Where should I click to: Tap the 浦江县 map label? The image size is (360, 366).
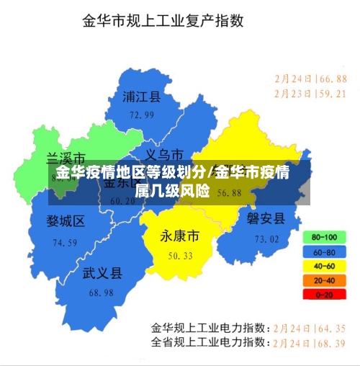click(x=142, y=97)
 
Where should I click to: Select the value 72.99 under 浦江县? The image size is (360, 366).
click(x=142, y=115)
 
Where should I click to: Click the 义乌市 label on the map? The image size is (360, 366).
click(x=164, y=154)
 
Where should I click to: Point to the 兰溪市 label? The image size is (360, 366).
click(x=66, y=158)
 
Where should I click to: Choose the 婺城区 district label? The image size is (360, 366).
click(x=66, y=220)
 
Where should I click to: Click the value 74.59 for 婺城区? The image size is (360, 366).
click(x=65, y=243)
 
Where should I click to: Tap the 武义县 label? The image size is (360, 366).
click(x=102, y=273)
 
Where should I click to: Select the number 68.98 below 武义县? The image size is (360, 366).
click(x=102, y=293)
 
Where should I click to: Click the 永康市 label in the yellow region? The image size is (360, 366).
click(x=180, y=236)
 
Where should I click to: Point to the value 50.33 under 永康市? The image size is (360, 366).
click(x=180, y=256)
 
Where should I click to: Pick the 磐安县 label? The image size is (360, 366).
click(x=266, y=218)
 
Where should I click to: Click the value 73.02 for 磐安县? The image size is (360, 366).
click(x=266, y=238)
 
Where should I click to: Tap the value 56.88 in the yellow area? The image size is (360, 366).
click(x=229, y=193)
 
